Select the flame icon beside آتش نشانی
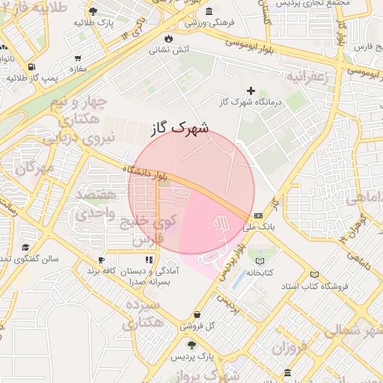(170, 37)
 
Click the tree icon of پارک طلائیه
(92, 12)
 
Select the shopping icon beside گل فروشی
(197, 314)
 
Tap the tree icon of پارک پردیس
(192, 345)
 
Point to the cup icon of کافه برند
(100, 260)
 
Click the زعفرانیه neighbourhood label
(310, 77)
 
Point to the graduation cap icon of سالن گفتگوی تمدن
(25, 248)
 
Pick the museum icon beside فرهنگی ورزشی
(207, 11)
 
